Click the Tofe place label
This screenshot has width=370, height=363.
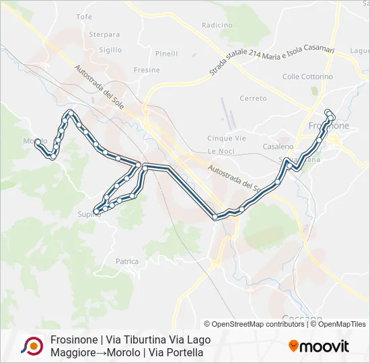pos(84,16)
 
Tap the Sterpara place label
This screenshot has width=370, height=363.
pos(104,34)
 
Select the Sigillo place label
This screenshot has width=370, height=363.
pos(110,50)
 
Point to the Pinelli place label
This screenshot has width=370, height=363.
pos(166,54)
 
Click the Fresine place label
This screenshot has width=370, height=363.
pos(147,70)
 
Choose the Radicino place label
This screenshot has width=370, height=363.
pos(217,25)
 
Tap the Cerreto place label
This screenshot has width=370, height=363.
pos(253,98)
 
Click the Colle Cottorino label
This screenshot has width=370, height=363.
pos(307,77)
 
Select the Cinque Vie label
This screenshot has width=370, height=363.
pos(227,138)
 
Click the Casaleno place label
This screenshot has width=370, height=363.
pos(278,147)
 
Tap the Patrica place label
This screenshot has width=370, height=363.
pos(127,261)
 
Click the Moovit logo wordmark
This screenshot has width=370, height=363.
pos(324,347)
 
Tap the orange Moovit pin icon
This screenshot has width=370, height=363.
pos(293,346)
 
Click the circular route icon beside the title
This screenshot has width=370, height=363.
pos(31,346)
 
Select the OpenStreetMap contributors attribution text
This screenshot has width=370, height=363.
pos(254,324)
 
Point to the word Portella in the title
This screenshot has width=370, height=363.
pos(184,352)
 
